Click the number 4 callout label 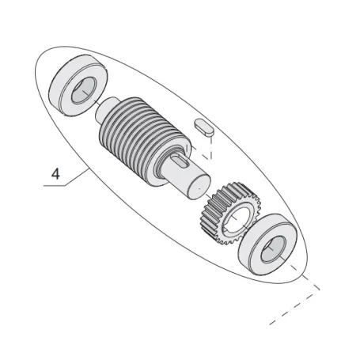tap(55, 174)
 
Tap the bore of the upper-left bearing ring tap(83, 90)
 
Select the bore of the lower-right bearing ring tap(273, 249)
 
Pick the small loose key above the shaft tap(203, 127)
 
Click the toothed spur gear tap(230, 213)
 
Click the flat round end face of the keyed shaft tap(199, 187)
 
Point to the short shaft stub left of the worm tap(106, 109)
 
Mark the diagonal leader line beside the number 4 tap(77, 176)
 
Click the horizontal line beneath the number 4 tap(54, 186)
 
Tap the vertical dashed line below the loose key tap(210, 148)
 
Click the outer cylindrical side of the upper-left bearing tap(56, 89)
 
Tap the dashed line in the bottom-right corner tap(294, 307)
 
